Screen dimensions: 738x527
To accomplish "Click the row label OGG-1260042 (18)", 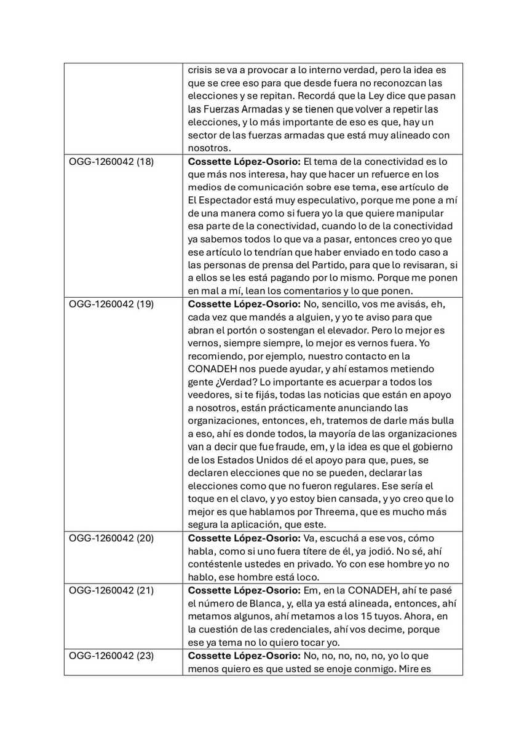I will click(x=111, y=162).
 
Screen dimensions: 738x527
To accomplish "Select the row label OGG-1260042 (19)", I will click(x=111, y=304).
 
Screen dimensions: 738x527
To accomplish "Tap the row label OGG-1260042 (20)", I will click(x=111, y=538).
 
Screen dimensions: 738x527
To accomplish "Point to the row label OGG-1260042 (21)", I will click(x=111, y=590).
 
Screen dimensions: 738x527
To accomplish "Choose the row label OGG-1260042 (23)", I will click(x=111, y=656).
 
